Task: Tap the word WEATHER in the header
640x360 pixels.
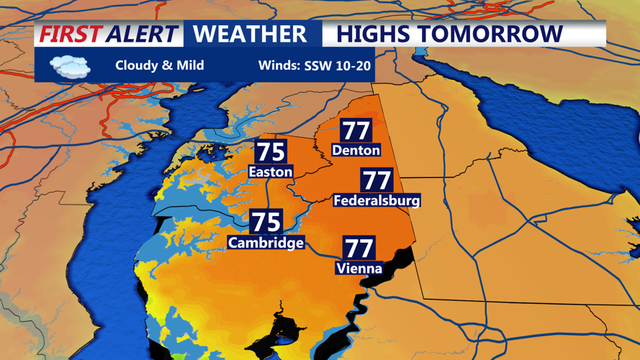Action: pos(250,34)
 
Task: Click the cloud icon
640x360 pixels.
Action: pos(70,66)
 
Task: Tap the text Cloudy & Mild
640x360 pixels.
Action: pos(159,66)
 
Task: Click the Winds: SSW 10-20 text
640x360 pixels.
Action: pos(315,66)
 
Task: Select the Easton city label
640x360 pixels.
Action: pos(270,171)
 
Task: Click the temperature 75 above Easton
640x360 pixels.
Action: pos(271,152)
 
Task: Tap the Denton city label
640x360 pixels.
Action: pos(356,150)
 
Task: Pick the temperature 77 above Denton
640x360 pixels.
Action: pos(356,130)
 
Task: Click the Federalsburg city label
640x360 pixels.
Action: pos(377,200)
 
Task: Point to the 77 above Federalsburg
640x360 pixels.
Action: pos(377,180)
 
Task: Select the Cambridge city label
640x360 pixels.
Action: pos(266,243)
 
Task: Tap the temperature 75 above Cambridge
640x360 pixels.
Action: pos(266,222)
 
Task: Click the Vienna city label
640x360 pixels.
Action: pos(359,269)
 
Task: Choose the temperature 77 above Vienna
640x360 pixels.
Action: pos(359,248)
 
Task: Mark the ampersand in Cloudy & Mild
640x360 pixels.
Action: pos(166,66)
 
